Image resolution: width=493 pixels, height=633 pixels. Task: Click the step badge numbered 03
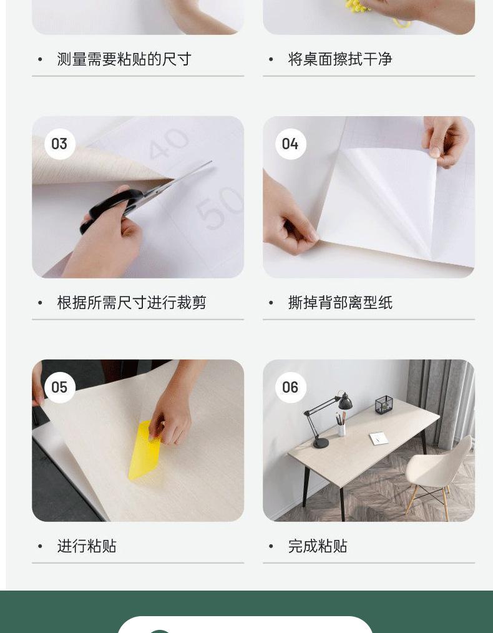(x=60, y=144)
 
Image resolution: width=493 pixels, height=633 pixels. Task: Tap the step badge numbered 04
(x=290, y=144)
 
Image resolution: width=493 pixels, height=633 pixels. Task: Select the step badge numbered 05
(x=60, y=388)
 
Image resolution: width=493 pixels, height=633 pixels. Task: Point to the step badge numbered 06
(x=290, y=388)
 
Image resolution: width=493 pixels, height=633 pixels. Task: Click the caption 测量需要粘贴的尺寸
(x=124, y=59)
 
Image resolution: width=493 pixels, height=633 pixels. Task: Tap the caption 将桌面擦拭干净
(x=340, y=59)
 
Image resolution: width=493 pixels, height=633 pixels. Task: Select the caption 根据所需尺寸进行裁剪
(x=132, y=303)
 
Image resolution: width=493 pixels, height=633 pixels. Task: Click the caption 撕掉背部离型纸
(x=340, y=303)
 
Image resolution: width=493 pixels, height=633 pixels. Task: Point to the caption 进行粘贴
(x=87, y=546)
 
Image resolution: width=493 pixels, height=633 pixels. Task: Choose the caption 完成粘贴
(x=318, y=546)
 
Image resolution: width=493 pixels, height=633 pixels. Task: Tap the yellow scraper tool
(x=144, y=450)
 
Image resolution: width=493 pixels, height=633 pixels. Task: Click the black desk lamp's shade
(x=345, y=401)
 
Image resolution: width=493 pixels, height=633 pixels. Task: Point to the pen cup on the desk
(x=341, y=429)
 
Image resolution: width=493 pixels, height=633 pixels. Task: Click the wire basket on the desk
(x=384, y=405)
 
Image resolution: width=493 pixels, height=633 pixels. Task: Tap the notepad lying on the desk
(x=379, y=438)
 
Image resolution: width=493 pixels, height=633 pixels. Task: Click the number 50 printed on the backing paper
(x=220, y=208)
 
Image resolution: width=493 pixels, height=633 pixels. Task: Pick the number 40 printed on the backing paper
(x=168, y=144)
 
